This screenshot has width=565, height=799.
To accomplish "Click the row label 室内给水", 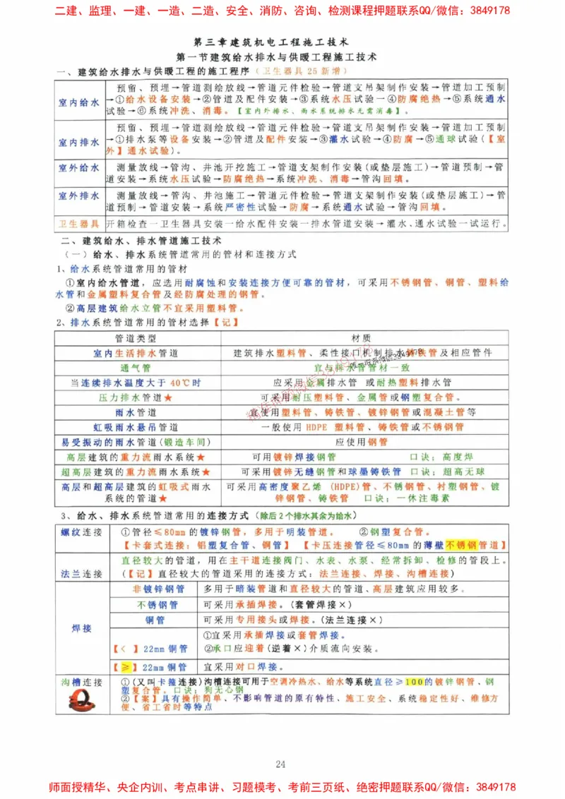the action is pos(78,102).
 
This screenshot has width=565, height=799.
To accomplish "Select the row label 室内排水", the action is pos(78,142).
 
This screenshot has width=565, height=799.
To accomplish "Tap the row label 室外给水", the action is pos(78,168).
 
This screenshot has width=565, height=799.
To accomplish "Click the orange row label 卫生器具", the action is pos(78,224).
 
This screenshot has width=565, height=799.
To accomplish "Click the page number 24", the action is pos(281,745).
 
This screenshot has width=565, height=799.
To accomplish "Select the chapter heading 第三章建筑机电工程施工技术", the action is pos(281,42).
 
